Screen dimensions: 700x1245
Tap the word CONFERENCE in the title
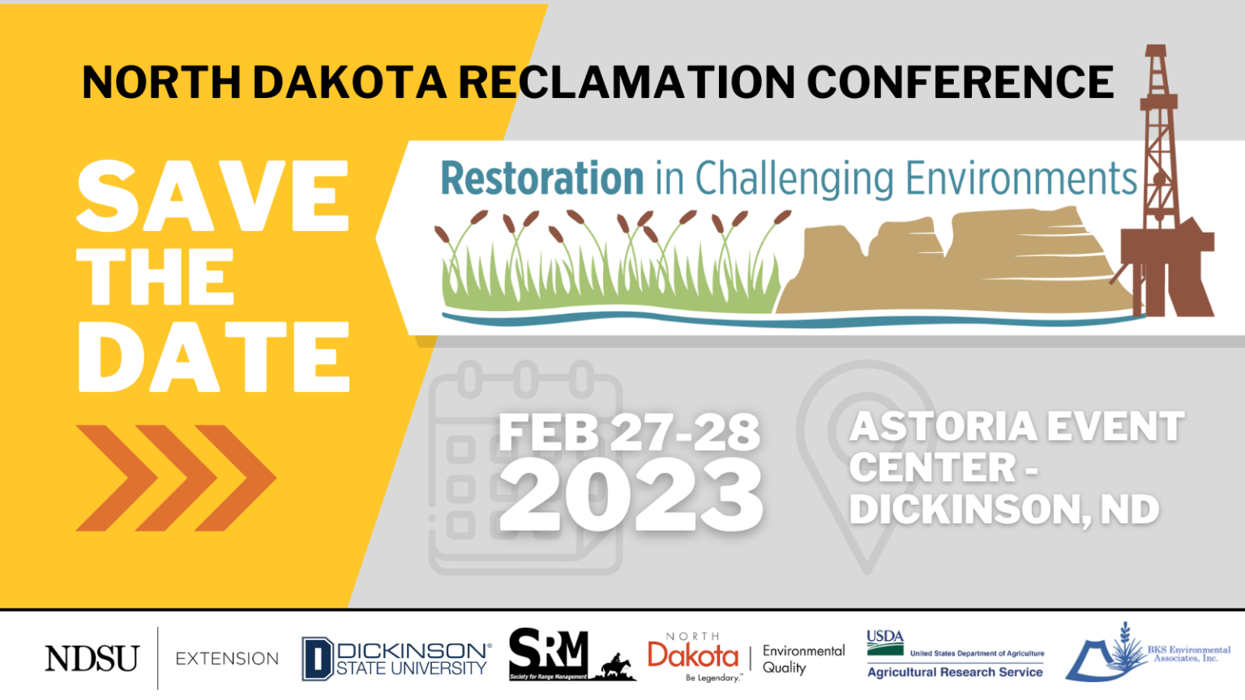pyautogui.click(x=960, y=83)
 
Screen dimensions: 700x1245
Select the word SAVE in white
pyautogui.click(x=213, y=197)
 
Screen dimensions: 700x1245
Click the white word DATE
pyautogui.click(x=213, y=357)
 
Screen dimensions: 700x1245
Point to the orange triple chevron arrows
pyautogui.click(x=176, y=478)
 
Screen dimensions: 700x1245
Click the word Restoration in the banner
pyautogui.click(x=541, y=179)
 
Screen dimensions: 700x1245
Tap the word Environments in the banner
pyautogui.click(x=1021, y=179)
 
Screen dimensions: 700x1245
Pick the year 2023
pyautogui.click(x=631, y=496)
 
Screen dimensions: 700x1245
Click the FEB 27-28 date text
pyautogui.click(x=629, y=433)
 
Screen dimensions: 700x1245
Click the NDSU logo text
pyautogui.click(x=92, y=659)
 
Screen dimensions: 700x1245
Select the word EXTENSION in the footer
pyautogui.click(x=227, y=659)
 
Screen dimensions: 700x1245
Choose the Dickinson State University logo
pyautogui.click(x=396, y=659)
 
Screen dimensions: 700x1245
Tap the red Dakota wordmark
pyautogui.click(x=693, y=655)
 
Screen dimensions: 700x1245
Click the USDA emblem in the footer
pyautogui.click(x=885, y=642)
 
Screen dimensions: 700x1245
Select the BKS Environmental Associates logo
pyautogui.click(x=1146, y=653)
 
